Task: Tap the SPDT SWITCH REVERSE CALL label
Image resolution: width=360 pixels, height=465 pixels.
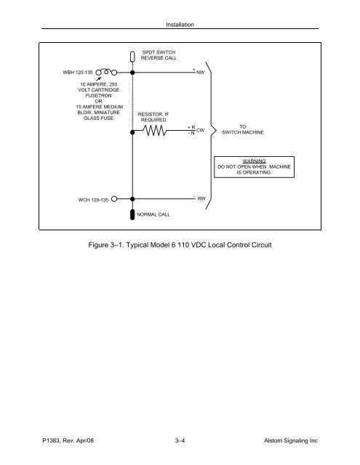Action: point(158,56)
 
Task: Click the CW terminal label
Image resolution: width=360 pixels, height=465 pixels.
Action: point(201,131)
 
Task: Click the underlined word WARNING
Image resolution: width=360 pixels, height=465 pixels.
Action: point(254,161)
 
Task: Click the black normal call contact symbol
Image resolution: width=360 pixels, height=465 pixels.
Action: point(132,215)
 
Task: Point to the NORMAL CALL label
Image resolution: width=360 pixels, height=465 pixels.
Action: point(154,216)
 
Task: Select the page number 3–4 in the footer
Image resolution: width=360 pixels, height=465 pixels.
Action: point(179,450)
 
